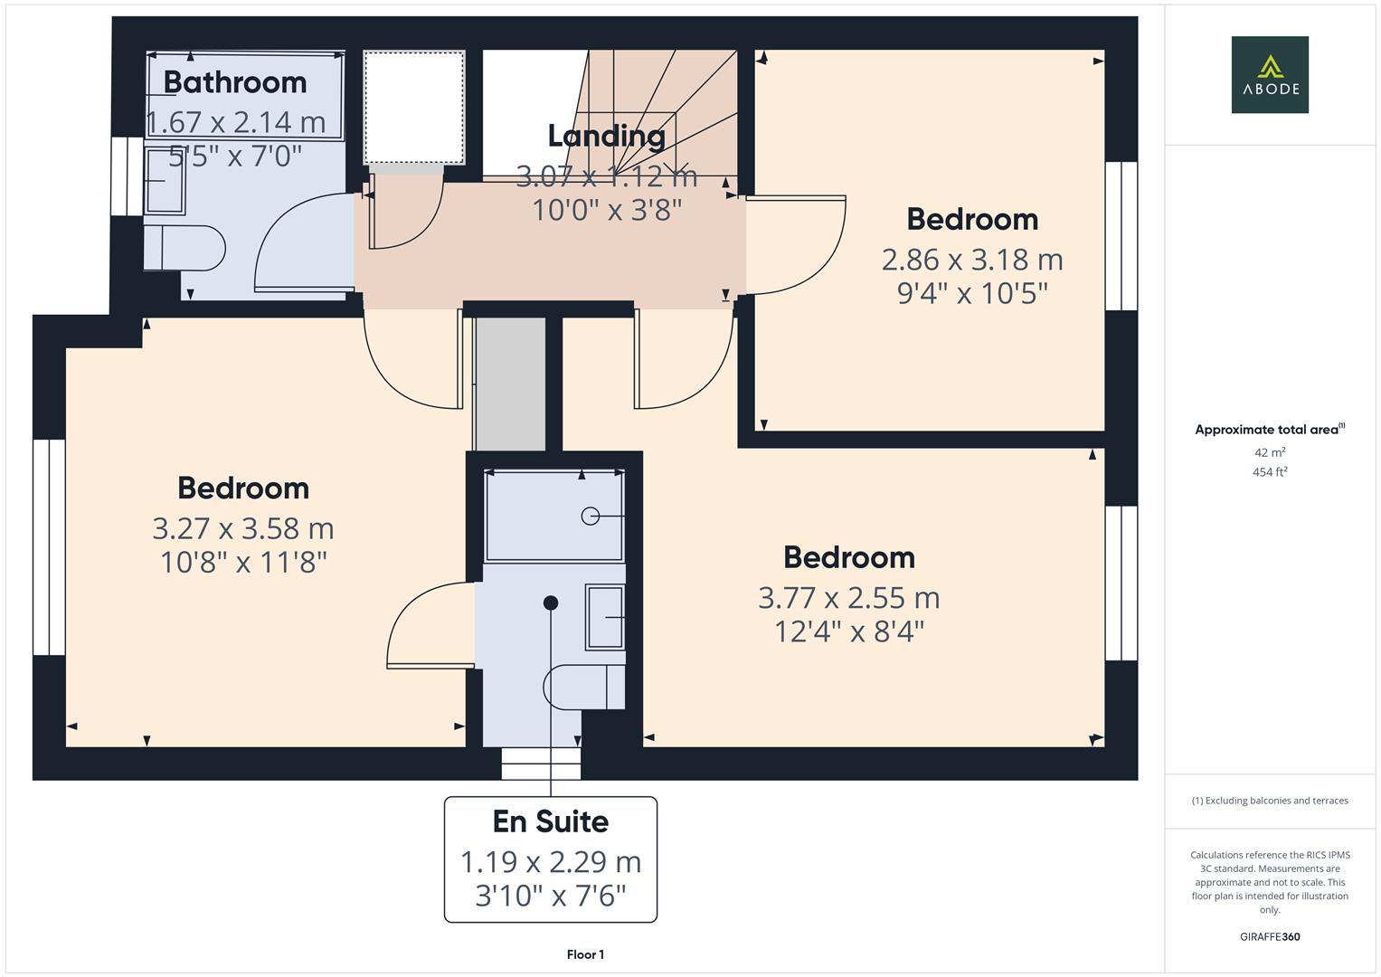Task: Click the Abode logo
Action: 1270,74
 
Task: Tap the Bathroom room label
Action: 235,82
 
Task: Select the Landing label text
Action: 607,136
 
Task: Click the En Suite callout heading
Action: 550,821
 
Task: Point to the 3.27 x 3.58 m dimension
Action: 243,528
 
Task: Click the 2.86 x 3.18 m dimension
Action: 972,260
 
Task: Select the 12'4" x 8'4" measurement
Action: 849,631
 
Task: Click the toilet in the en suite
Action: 584,688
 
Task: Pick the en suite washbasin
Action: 605,617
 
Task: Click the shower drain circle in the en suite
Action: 591,516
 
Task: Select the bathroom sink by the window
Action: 165,181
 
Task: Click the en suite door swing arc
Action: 425,624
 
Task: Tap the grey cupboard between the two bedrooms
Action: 511,384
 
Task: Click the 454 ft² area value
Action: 1270,472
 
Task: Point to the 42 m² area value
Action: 1270,452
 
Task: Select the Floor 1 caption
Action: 585,954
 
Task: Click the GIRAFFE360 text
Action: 1270,936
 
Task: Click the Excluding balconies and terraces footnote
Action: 1270,801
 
